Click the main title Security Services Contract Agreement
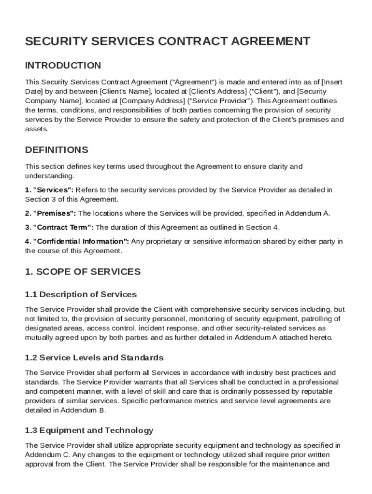[x=167, y=41]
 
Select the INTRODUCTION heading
[x=63, y=66]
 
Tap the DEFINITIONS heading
[x=57, y=150]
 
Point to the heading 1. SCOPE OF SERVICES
[x=83, y=272]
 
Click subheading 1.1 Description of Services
[x=81, y=294]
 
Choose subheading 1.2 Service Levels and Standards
[x=94, y=358]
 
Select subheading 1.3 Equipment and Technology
[x=89, y=430]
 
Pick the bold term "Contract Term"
[x=64, y=227]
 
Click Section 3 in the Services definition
[x=39, y=199]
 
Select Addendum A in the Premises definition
[x=306, y=213]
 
